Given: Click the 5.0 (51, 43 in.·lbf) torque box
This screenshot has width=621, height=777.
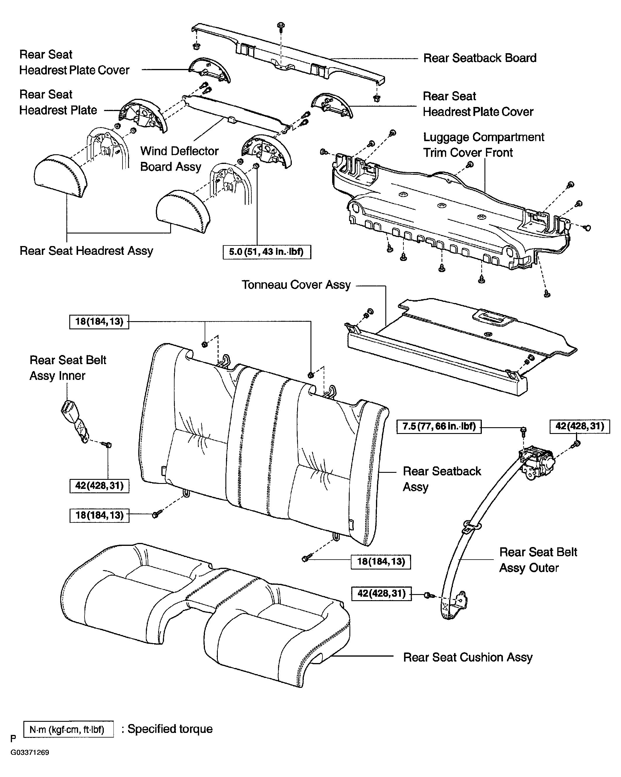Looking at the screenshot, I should pyautogui.click(x=267, y=252).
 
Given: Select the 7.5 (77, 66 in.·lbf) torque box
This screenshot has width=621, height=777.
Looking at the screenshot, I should pyautogui.click(x=439, y=427).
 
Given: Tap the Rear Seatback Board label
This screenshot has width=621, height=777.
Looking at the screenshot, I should pyautogui.click(x=479, y=58).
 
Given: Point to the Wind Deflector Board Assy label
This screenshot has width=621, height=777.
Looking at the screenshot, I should pyautogui.click(x=179, y=159).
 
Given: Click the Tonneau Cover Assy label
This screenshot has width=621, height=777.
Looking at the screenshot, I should pyautogui.click(x=296, y=285).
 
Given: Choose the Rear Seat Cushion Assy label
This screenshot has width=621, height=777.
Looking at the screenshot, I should pyautogui.click(x=468, y=657).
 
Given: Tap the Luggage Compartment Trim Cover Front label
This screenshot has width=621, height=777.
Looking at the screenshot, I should pyautogui.click(x=483, y=145).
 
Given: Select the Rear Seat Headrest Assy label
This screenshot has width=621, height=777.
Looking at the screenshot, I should pyautogui.click(x=86, y=251).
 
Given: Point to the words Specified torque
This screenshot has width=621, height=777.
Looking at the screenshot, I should pyautogui.click(x=170, y=729).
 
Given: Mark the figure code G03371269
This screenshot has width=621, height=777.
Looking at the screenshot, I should pyautogui.click(x=30, y=752).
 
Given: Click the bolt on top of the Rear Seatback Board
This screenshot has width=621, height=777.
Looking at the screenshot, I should pyautogui.click(x=281, y=25).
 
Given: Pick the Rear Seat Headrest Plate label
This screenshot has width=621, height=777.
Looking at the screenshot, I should pyautogui.click(x=58, y=102).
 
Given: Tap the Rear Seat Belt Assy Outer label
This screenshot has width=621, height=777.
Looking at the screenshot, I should pyautogui.click(x=538, y=560).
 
